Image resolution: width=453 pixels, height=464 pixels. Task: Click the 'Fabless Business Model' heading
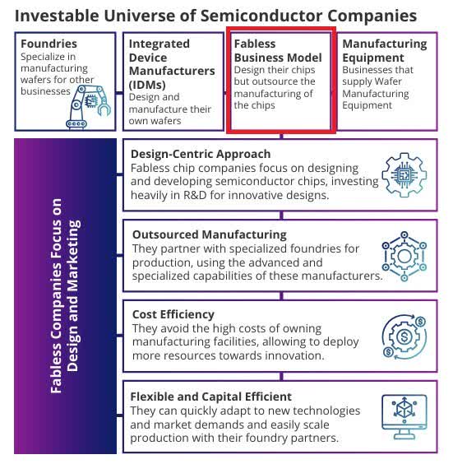(277, 50)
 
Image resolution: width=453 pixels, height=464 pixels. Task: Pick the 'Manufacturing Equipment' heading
(385, 50)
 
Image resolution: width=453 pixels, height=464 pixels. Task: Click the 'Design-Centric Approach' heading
(201, 154)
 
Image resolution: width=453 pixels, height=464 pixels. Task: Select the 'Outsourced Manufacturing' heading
(209, 234)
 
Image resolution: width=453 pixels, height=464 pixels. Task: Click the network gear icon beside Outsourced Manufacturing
(404, 257)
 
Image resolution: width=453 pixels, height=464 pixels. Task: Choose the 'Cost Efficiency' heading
(173, 314)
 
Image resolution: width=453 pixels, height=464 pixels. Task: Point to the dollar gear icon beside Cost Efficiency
(404, 336)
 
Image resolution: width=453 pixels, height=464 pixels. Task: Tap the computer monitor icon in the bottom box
(404, 418)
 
